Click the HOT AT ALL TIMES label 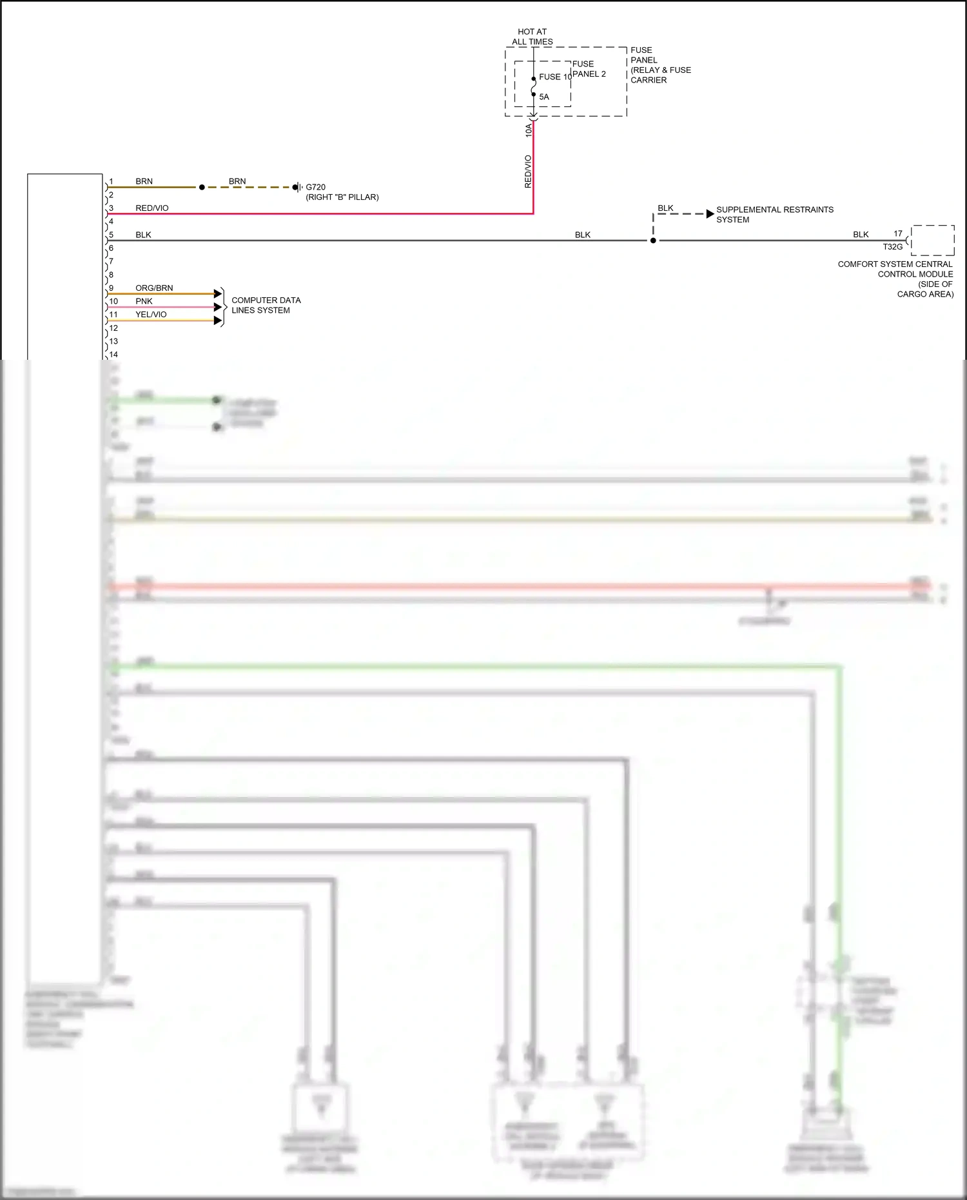pos(532,37)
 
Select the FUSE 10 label pos(555,77)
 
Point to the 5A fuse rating pos(544,97)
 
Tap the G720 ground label pos(315,187)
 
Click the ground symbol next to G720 pos(297,187)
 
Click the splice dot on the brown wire pos(202,187)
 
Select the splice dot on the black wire pos(653,241)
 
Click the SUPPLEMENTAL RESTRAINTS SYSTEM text pos(774,215)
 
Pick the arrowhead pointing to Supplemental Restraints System pos(710,213)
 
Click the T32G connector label pos(892,247)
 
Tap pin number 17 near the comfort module pos(898,233)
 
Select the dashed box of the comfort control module pos(932,241)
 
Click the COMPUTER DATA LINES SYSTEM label pos(266,305)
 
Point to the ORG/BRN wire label pos(154,288)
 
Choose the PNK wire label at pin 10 pos(144,301)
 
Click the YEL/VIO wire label pos(151,315)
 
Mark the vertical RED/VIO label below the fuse pos(528,172)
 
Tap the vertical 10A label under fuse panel pos(529,130)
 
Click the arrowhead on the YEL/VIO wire pos(218,320)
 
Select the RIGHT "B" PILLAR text pos(342,197)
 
